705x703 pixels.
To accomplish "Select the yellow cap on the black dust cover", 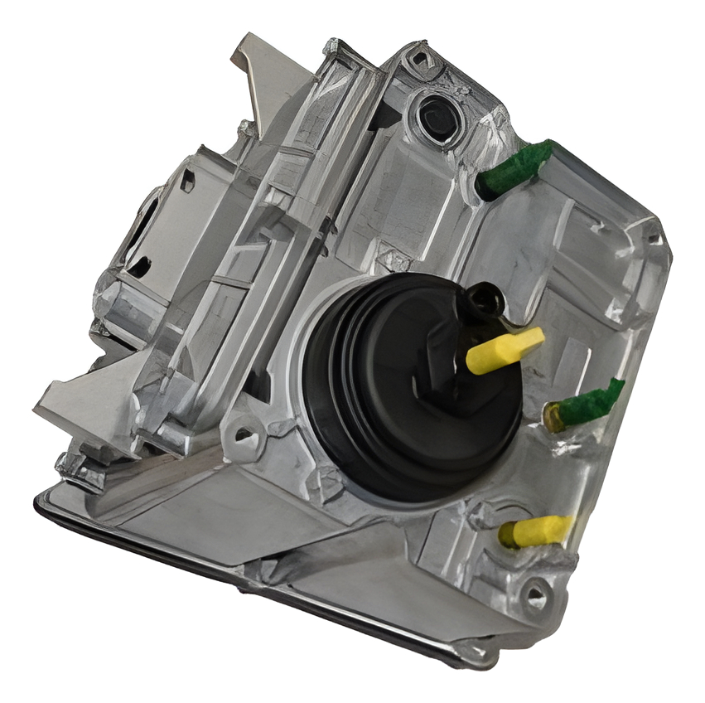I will (504, 349).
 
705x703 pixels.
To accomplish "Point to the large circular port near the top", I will (437, 117).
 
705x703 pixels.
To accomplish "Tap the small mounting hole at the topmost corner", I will (418, 57).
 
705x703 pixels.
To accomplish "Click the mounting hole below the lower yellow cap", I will (535, 593).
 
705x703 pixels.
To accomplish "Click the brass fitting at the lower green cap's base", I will (553, 417).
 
